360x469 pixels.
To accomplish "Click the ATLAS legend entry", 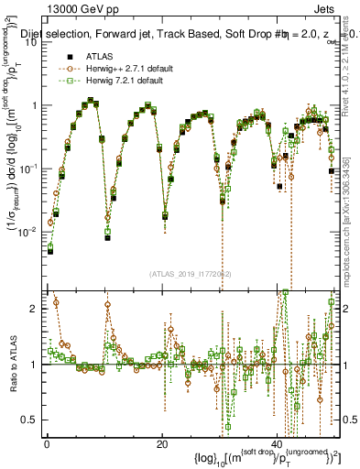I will click(x=95, y=56).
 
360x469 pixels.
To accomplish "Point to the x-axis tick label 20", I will click(x=162, y=443).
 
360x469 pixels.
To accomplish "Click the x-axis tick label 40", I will click(x=277, y=443).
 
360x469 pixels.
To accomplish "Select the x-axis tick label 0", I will click(x=48, y=443).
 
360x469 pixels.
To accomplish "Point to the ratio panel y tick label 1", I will click(x=34, y=365).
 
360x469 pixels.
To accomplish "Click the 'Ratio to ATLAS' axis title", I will click(x=11, y=365).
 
